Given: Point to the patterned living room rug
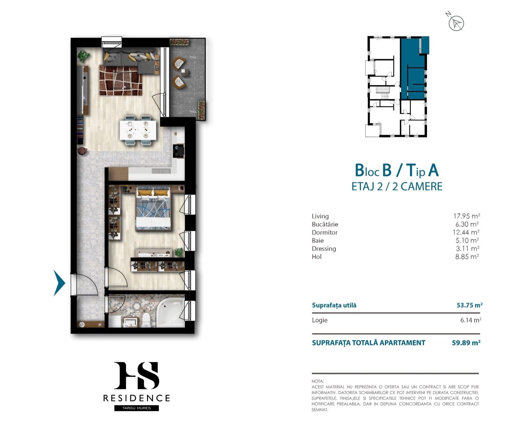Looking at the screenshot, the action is click(121, 80).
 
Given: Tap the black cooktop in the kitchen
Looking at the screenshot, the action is click(179, 151).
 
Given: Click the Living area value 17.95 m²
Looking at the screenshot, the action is click(466, 216).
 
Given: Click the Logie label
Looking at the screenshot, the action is click(320, 320).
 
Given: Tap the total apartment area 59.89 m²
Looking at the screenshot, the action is click(466, 343).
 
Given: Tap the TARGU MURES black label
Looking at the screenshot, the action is click(137, 408).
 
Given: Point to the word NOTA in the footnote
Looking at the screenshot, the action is click(318, 381).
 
